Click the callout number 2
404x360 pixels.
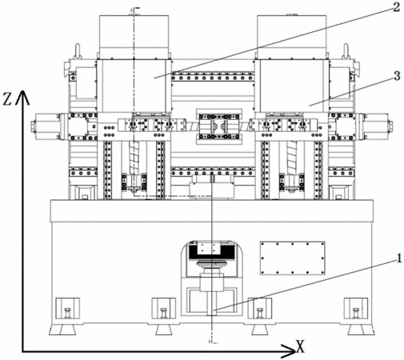click(x=396, y=7)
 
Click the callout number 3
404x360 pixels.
click(x=397, y=76)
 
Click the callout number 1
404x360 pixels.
click(x=399, y=258)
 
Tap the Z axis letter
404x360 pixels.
click(x=7, y=99)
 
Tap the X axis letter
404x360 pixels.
click(x=300, y=346)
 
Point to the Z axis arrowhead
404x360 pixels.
click(x=23, y=97)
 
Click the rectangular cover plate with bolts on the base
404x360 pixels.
click(x=292, y=258)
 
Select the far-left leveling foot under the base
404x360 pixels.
click(x=62, y=330)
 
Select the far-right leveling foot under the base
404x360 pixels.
click(x=361, y=330)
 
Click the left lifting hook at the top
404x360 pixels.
click(x=78, y=50)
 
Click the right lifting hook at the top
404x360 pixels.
click(x=346, y=50)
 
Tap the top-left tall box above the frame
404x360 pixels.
click(x=134, y=37)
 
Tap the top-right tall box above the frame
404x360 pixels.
click(x=291, y=37)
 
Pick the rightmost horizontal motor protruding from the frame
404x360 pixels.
click(x=376, y=126)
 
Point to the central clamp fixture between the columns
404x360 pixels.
click(x=219, y=126)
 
